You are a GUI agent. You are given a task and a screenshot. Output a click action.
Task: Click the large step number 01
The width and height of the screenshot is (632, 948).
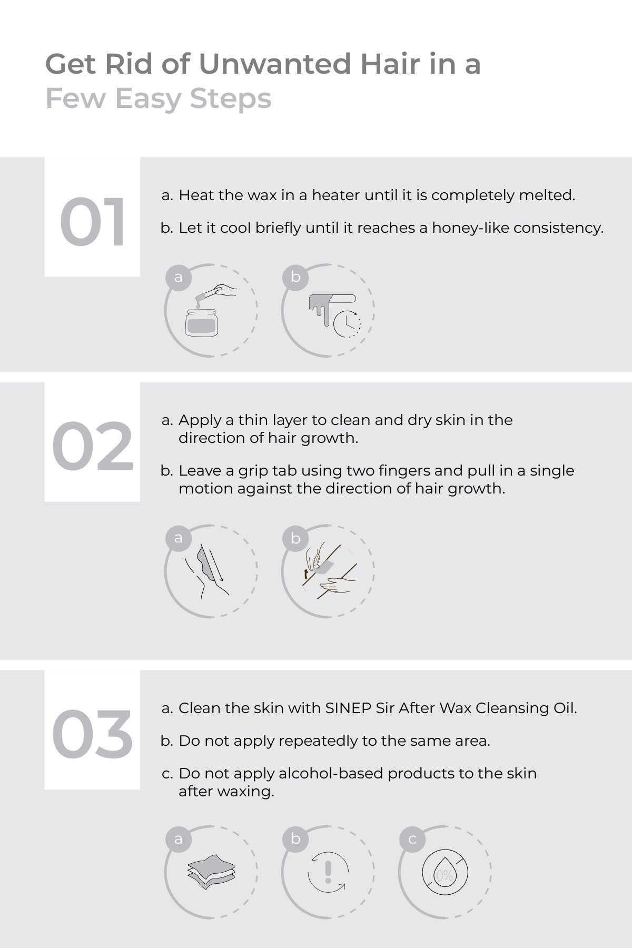click(x=93, y=222)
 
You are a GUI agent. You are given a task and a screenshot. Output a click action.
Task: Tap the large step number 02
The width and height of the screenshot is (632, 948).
click(x=93, y=447)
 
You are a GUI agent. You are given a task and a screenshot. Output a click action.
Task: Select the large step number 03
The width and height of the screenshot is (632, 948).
click(x=92, y=734)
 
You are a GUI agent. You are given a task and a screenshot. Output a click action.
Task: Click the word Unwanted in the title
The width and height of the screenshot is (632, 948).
click(x=274, y=64)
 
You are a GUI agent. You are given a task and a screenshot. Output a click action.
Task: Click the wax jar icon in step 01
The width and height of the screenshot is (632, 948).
click(x=201, y=320)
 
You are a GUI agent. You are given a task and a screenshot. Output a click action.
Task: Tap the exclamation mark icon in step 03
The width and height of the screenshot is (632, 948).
click(x=328, y=872)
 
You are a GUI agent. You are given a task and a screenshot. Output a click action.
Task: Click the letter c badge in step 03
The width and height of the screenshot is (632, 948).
click(x=412, y=839)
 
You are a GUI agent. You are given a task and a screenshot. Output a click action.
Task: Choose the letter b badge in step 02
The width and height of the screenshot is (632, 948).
click(x=295, y=538)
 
